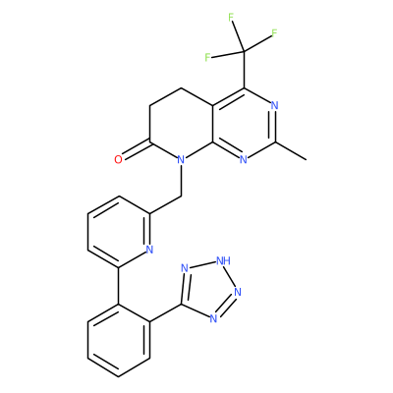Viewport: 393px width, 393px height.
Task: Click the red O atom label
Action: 118,160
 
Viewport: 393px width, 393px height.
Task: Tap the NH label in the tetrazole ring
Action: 223,261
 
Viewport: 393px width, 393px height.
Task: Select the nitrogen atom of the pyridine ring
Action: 149,250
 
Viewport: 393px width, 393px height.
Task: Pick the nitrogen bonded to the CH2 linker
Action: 181,160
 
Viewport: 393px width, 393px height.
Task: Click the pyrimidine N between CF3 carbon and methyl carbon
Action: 275,106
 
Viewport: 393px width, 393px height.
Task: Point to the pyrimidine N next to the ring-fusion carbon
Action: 244,160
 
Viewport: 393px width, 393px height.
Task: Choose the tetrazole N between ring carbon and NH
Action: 185,268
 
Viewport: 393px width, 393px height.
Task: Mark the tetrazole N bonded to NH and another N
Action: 238,292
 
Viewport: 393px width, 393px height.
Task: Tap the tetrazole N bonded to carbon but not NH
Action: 213,318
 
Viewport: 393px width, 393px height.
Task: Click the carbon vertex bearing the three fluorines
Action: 244,51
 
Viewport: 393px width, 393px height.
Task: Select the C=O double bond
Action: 136,150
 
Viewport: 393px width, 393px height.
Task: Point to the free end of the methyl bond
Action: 307,160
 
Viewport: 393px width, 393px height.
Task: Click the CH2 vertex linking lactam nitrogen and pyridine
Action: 181,196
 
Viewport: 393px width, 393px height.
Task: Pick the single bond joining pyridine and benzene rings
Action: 118,286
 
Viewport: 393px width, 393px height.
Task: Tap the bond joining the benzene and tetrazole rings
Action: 165,313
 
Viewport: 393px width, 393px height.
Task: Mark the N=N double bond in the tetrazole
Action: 227,306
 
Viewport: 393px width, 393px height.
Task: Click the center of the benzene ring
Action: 119,341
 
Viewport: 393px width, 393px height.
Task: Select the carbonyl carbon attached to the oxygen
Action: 149,141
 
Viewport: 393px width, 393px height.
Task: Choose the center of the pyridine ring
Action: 119,232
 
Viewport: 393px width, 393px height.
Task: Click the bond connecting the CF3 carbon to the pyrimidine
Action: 244,70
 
